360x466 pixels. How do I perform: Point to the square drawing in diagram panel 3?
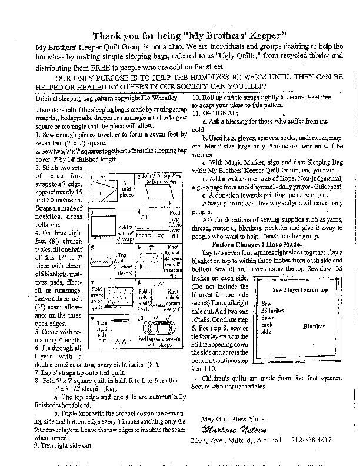(105, 225)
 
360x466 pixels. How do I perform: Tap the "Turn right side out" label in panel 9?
(102, 331)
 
